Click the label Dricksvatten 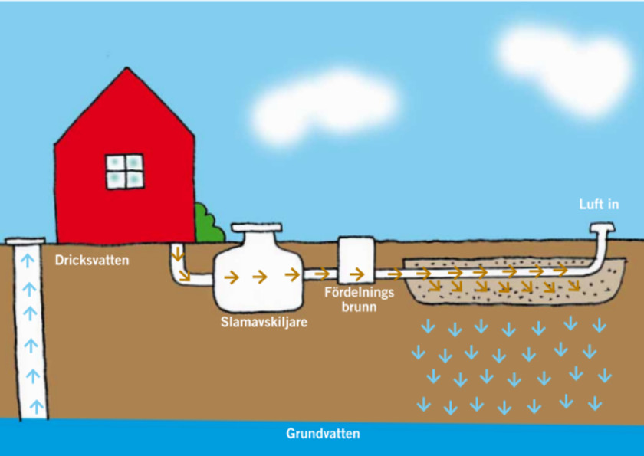pyautogui.click(x=92, y=261)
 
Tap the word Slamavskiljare pyautogui.click(x=264, y=322)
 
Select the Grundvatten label pyautogui.click(x=323, y=434)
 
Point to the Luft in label pyautogui.click(x=599, y=205)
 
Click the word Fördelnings pyautogui.click(x=360, y=292)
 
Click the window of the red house pyautogui.click(x=125, y=172)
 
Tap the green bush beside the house pyautogui.click(x=209, y=224)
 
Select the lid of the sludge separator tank pyautogui.click(x=257, y=228)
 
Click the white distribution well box pyautogui.click(x=356, y=259)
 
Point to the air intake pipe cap pyautogui.click(x=603, y=227)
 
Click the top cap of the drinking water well pyautogui.click(x=25, y=241)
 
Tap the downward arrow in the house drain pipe pyautogui.click(x=177, y=254)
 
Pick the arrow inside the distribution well pyautogui.click(x=357, y=274)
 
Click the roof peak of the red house pyautogui.click(x=127, y=68)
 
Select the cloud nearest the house pyautogui.click(x=324, y=107)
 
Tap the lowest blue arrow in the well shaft pyautogui.click(x=37, y=406)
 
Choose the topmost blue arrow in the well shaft pyautogui.click(x=28, y=261)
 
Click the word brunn pyautogui.click(x=360, y=307)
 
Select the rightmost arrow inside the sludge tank pyautogui.click(x=292, y=274)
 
